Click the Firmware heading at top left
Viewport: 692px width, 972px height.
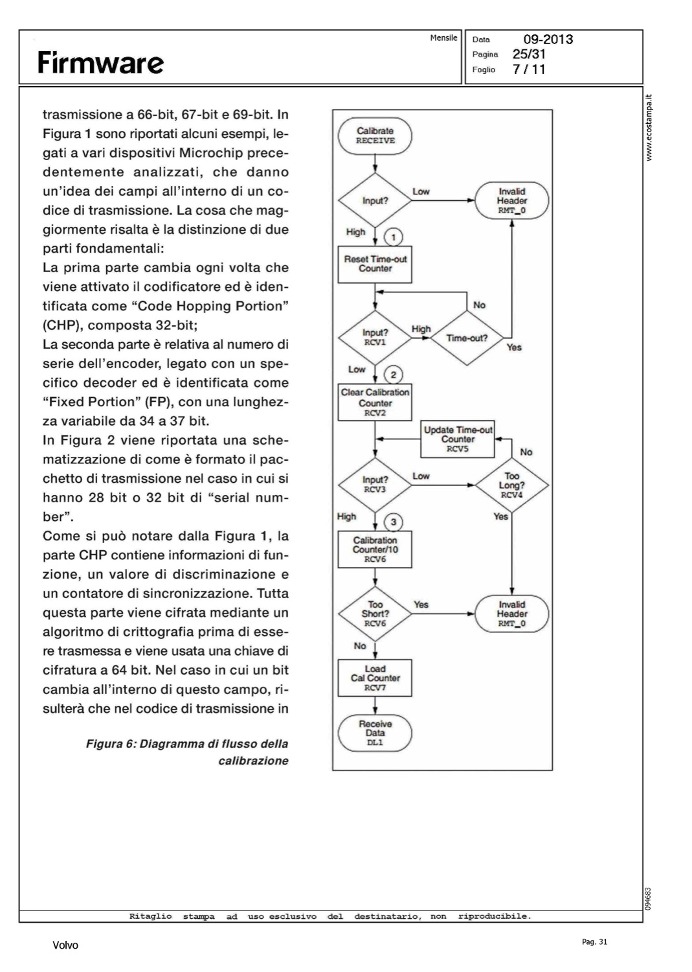(x=100, y=63)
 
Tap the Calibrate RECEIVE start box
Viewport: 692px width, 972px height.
(x=375, y=135)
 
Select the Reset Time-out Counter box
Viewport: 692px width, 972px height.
(x=375, y=264)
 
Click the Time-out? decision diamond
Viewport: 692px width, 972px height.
(x=467, y=338)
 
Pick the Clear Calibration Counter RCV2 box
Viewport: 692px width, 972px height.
(x=375, y=402)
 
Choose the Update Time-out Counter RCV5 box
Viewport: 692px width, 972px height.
(x=458, y=439)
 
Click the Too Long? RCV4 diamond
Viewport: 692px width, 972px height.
(x=511, y=485)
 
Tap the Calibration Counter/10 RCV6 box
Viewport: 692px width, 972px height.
(x=375, y=549)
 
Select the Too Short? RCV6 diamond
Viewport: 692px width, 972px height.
(x=375, y=614)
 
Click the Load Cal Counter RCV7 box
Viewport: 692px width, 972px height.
(x=375, y=678)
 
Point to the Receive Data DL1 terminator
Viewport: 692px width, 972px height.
(x=375, y=733)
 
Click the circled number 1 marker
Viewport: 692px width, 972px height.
(x=394, y=237)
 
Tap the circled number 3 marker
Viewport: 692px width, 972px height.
(x=394, y=522)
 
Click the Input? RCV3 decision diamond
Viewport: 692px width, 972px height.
(x=375, y=485)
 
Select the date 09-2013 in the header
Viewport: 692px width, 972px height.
(x=548, y=40)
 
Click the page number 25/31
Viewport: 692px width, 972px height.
(x=530, y=54)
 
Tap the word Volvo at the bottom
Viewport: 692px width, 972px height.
(x=65, y=945)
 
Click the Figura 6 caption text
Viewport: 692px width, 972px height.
(x=187, y=752)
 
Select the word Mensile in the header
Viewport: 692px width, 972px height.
(x=443, y=38)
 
